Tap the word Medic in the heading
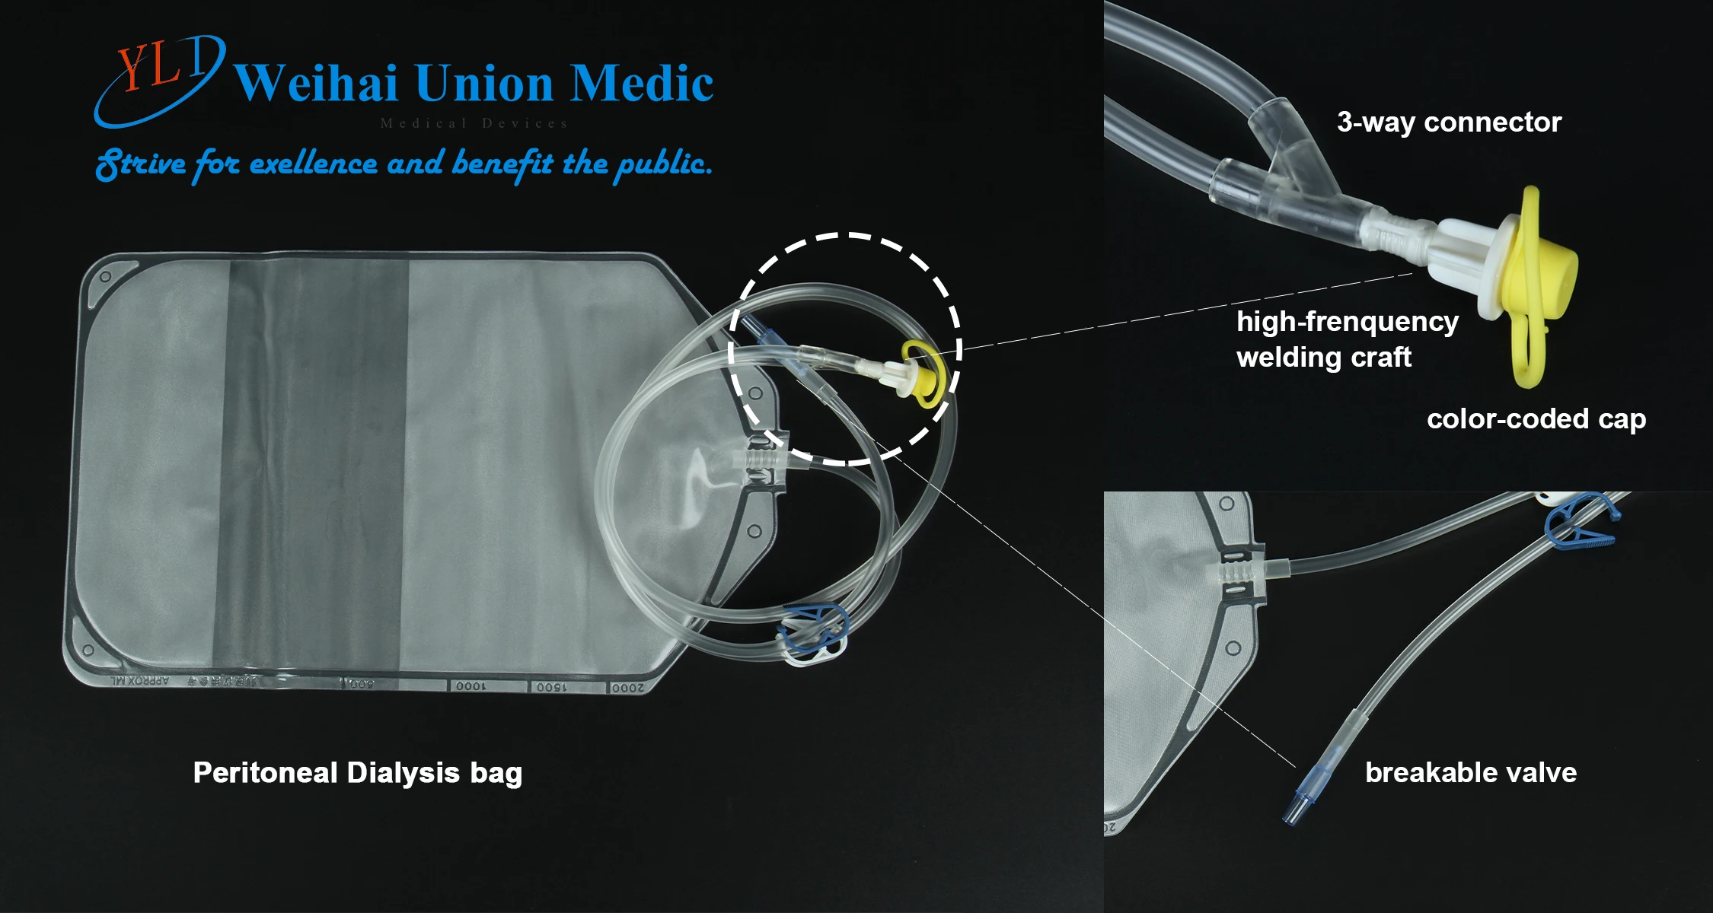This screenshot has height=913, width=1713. click(642, 83)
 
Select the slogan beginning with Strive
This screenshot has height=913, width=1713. click(404, 164)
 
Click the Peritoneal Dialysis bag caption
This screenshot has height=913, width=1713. click(357, 773)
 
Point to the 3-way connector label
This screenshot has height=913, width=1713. click(1449, 122)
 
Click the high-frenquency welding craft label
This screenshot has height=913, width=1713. click(1346, 339)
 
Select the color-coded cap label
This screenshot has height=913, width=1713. click(1536, 419)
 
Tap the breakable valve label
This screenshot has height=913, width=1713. click(1470, 773)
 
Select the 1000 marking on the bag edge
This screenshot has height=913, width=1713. click(470, 686)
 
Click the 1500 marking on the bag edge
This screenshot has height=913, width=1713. click(550, 687)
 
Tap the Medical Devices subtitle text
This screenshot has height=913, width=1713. click(474, 123)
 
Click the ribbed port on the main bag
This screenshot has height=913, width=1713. click(761, 461)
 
